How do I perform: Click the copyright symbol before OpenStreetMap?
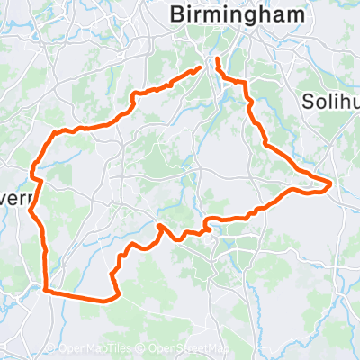click(x=143, y=349)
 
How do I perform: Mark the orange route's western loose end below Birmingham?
click(x=199, y=68)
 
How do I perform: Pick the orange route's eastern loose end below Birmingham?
click(x=217, y=60)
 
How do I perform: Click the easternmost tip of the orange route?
click(x=332, y=184)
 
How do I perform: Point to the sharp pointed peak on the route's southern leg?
click(x=160, y=225)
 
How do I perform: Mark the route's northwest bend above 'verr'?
click(x=54, y=135)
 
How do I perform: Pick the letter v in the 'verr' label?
click(x=4, y=174)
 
